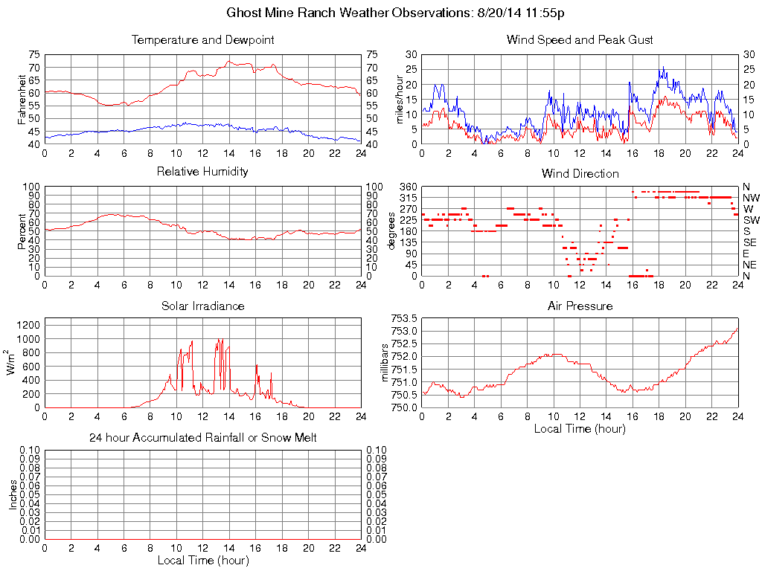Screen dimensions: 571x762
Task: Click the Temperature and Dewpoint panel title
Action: tap(202, 40)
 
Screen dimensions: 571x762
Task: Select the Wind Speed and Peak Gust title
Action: tap(580, 40)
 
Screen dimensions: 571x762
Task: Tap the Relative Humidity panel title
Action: tap(202, 172)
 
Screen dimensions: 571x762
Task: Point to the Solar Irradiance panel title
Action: tap(202, 306)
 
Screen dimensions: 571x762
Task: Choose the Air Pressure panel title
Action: tap(580, 306)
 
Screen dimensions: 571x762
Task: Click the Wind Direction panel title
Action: tap(580, 174)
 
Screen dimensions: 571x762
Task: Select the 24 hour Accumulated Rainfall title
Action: tap(202, 438)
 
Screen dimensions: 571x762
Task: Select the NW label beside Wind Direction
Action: tap(751, 198)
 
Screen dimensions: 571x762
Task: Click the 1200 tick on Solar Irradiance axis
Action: tap(29, 325)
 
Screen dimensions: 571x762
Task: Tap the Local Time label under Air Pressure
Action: tap(580, 428)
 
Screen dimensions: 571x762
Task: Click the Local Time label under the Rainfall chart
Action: tap(202, 560)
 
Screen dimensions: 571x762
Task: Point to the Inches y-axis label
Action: tap(13, 494)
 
